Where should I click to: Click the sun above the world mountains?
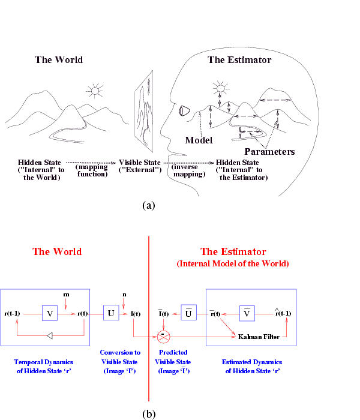pyautogui.click(x=94, y=91)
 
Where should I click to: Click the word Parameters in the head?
pyautogui.click(x=269, y=152)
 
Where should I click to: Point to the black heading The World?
pyautogui.click(x=59, y=60)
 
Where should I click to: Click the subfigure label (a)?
pyautogui.click(x=149, y=205)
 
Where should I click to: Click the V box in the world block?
pyautogui.click(x=50, y=313)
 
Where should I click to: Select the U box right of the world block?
pyautogui.click(x=111, y=313)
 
